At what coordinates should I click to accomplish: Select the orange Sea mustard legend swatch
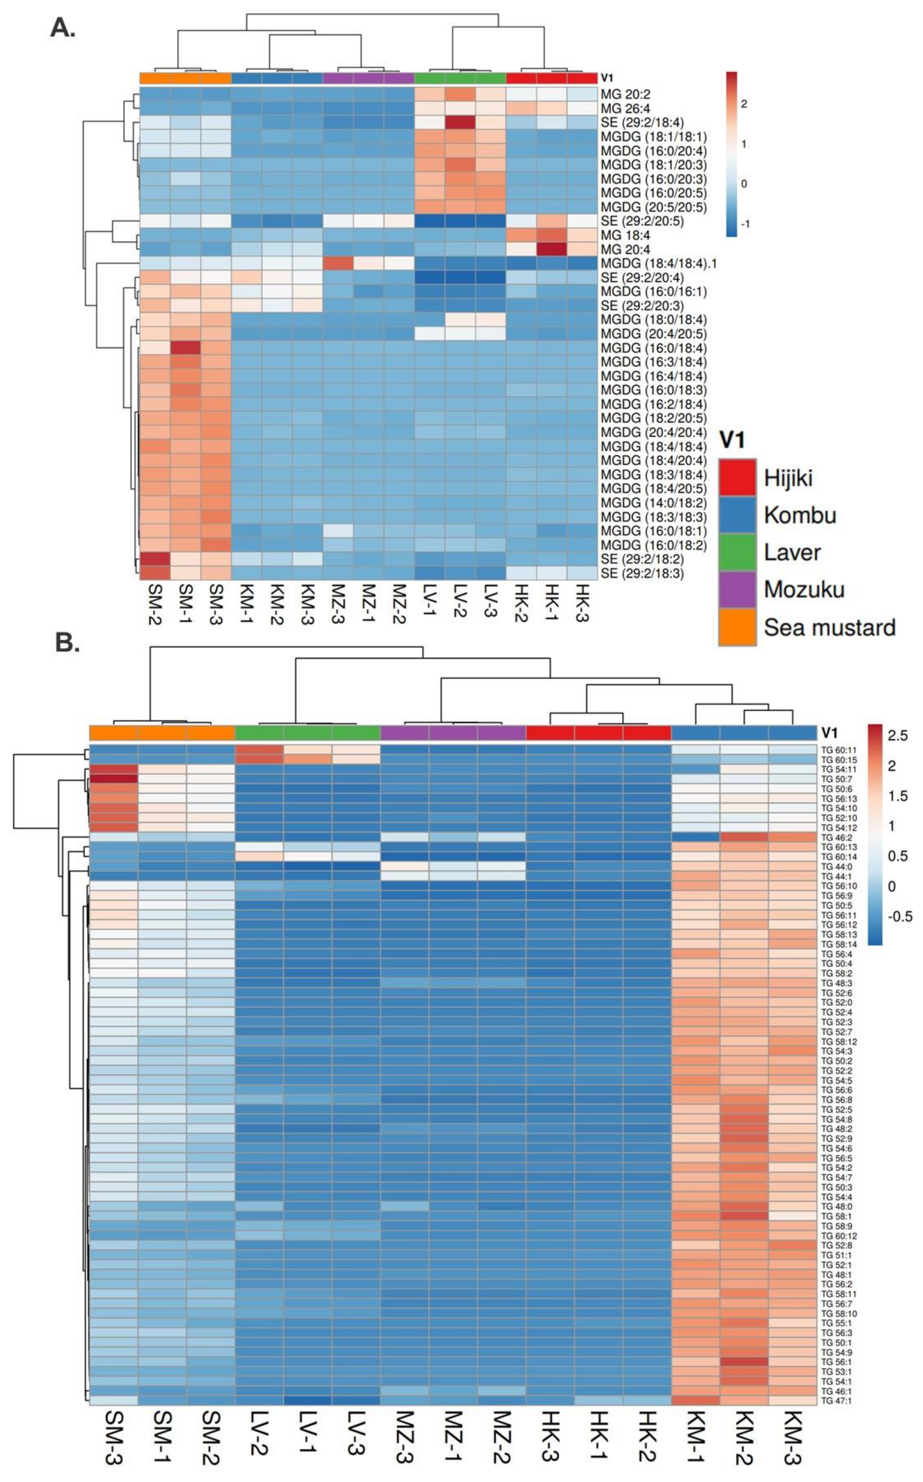[x=737, y=627]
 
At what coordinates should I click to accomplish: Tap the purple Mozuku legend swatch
[x=737, y=590]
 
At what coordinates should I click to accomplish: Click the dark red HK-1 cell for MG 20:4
[x=552, y=249]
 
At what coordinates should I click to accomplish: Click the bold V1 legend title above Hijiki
[x=732, y=439]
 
